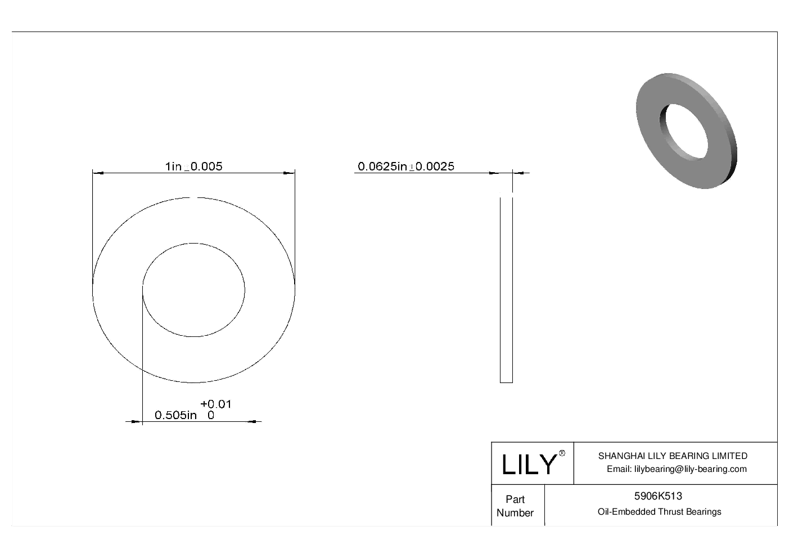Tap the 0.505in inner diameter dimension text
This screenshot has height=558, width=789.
click(175, 416)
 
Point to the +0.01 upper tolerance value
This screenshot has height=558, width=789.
click(216, 404)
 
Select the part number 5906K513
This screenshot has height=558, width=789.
click(658, 496)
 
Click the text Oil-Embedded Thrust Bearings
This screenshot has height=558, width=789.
click(659, 512)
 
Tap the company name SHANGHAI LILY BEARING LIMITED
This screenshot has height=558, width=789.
click(672, 456)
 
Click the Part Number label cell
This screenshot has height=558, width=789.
click(515, 506)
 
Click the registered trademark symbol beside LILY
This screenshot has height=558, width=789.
click(562, 453)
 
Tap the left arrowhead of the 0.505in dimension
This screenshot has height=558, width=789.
click(136, 421)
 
